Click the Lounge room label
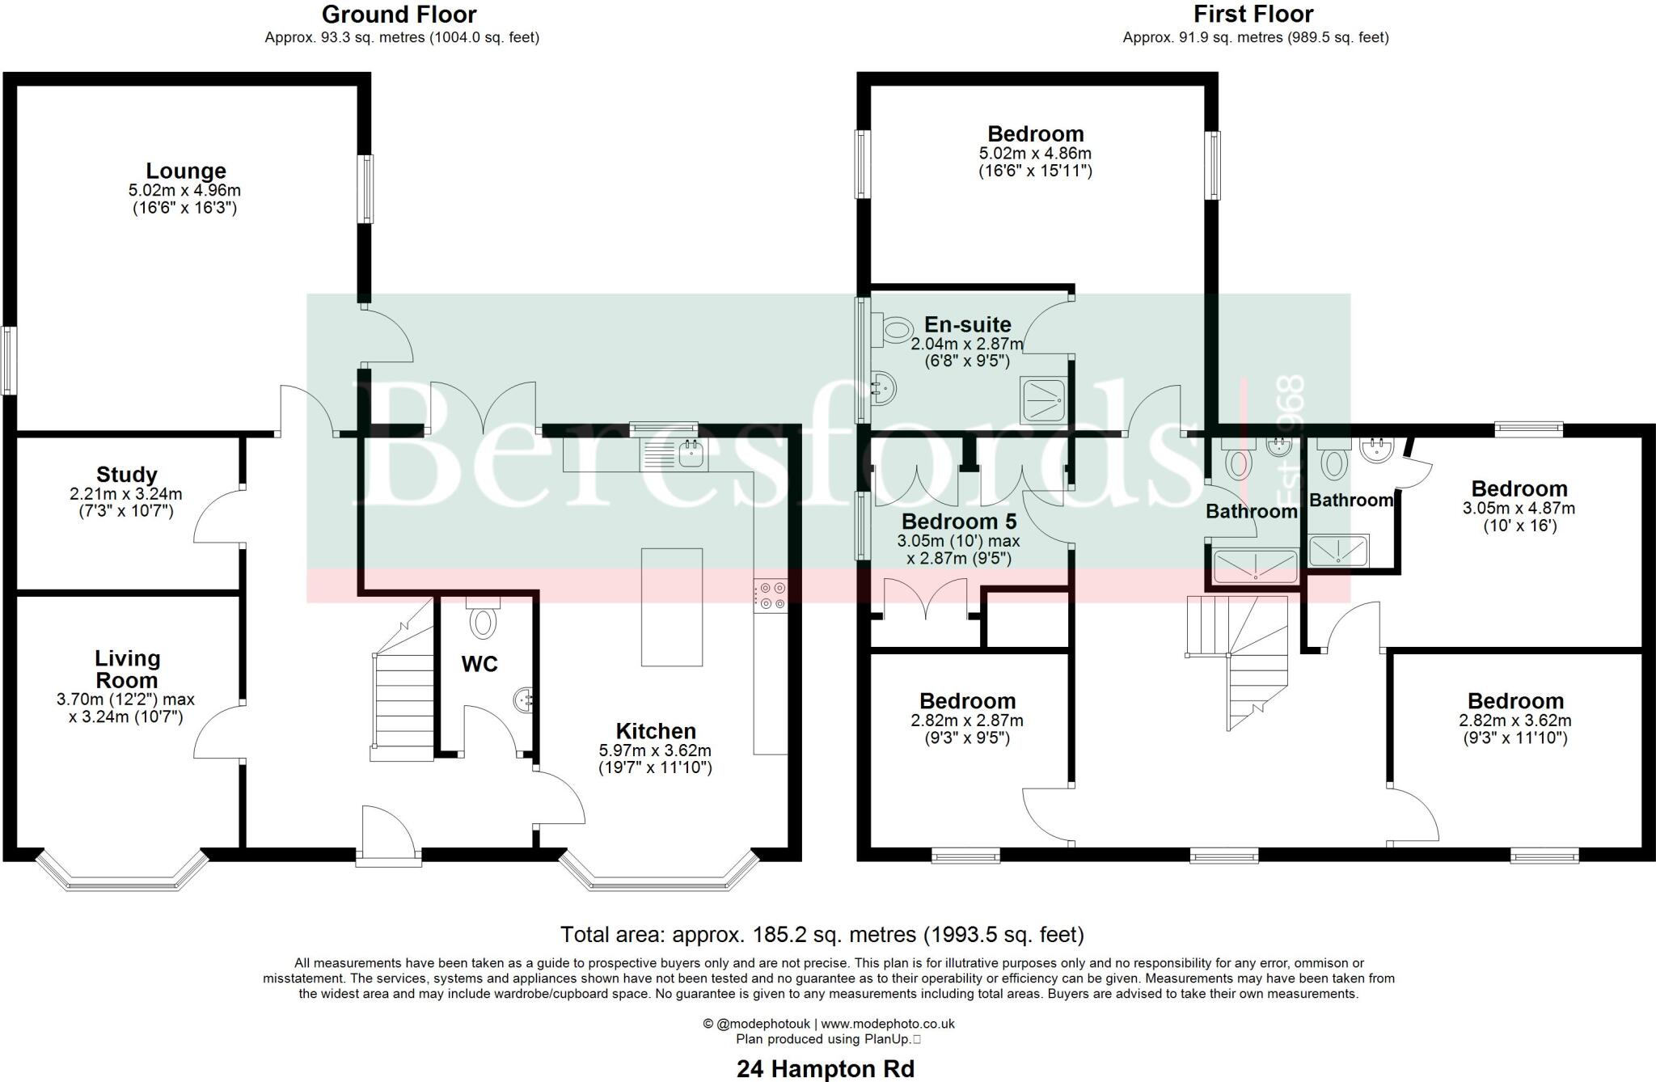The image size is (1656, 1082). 186,171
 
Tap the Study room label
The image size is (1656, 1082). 126,475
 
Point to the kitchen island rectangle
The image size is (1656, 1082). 671,607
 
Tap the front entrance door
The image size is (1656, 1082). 389,833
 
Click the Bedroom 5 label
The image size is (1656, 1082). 959,522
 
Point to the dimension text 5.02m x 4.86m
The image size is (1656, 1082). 1035,154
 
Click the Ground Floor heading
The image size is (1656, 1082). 399,15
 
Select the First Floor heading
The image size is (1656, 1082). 1253,15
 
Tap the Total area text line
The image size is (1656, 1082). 822,935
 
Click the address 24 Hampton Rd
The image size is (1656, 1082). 825,1069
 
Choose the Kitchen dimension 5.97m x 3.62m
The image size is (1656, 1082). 655,750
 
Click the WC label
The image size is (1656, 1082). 479,665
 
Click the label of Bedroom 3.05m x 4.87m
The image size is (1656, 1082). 1519,489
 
